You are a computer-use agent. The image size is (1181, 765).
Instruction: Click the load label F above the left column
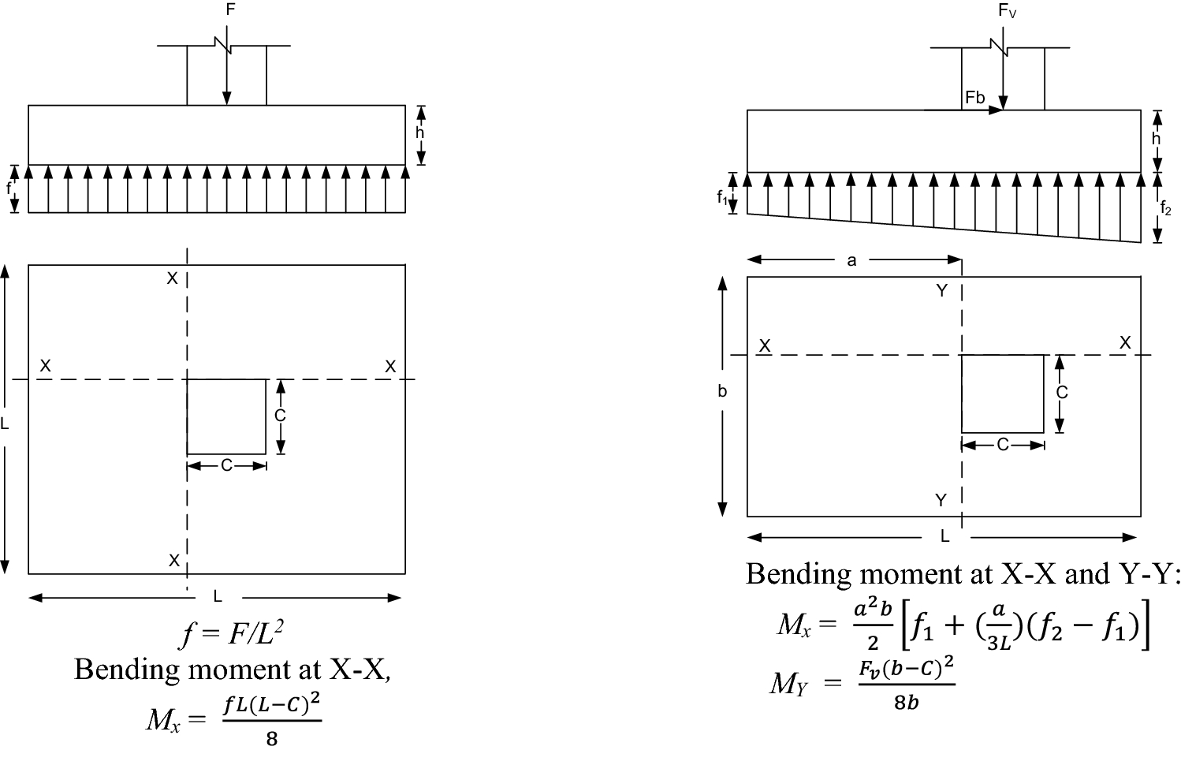[230, 10]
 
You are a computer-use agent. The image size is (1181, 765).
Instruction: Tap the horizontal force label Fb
[975, 98]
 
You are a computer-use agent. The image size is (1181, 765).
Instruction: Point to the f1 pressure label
[722, 198]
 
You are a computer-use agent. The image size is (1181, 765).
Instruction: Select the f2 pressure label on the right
[1166, 208]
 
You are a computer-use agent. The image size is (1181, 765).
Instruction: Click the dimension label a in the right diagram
[851, 260]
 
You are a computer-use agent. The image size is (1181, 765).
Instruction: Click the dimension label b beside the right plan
[722, 391]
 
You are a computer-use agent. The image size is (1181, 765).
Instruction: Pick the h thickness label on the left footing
[420, 133]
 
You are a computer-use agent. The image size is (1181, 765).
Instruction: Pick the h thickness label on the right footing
[1157, 139]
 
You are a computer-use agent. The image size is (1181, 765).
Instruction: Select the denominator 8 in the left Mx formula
[272, 740]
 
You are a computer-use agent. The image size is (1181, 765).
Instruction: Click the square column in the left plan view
[226, 416]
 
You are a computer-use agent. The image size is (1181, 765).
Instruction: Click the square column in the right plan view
[1002, 394]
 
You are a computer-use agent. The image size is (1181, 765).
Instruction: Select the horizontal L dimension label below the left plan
[218, 597]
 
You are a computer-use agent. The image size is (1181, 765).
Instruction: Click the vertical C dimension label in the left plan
[280, 416]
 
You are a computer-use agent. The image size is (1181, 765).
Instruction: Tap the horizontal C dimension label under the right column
[1002, 445]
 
